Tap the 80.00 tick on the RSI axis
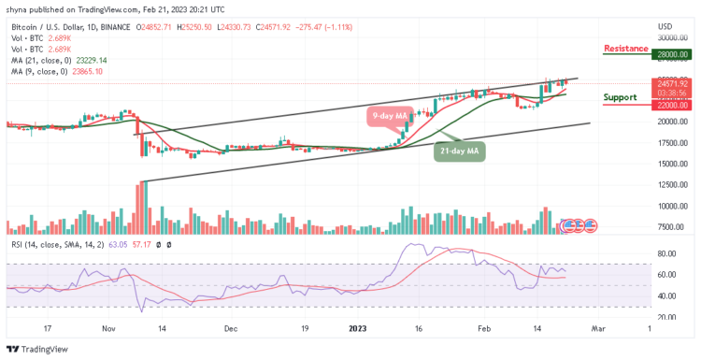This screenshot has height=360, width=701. (x=666, y=253)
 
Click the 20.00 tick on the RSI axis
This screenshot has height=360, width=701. (x=666, y=317)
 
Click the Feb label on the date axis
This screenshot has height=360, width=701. (x=482, y=329)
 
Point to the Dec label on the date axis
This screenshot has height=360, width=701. (x=230, y=329)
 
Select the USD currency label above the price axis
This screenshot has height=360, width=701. (x=665, y=25)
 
